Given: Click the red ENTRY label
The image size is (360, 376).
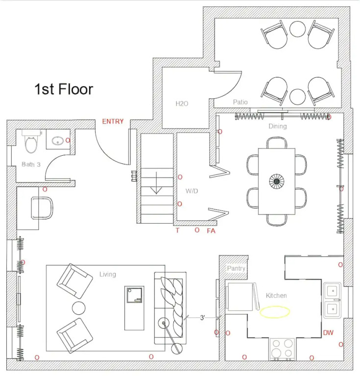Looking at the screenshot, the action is pos(113,121).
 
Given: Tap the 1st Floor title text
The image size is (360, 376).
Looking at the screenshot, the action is pos(64,89).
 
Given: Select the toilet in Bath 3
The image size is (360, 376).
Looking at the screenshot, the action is pos(31,141).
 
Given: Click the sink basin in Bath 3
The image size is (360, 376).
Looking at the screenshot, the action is pos(58,141).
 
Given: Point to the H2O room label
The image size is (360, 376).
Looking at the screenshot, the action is pos(182,104).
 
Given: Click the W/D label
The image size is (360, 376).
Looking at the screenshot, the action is pos(192,191).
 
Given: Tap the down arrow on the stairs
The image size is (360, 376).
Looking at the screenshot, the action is pos(156,183).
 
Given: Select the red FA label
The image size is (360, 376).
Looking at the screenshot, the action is pos(211,231).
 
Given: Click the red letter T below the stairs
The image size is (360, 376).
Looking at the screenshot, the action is pos(177,231).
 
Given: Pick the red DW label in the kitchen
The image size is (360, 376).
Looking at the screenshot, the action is pos(328,332).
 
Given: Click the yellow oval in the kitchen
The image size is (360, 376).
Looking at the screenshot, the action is pos(275,312).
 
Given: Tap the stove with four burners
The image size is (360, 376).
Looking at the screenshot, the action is pos(282,349).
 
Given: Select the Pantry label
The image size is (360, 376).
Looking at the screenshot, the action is pos(236,268).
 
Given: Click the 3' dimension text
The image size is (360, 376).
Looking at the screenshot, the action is pos(203,318).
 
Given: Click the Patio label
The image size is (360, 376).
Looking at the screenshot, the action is pos(240,102).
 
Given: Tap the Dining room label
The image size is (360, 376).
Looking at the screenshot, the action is pos(278,126).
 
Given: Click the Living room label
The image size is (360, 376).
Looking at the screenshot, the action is pos(108,274).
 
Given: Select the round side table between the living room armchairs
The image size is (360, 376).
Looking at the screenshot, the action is pos(79,308).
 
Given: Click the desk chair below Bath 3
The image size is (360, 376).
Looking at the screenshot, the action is pos(42,208).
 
